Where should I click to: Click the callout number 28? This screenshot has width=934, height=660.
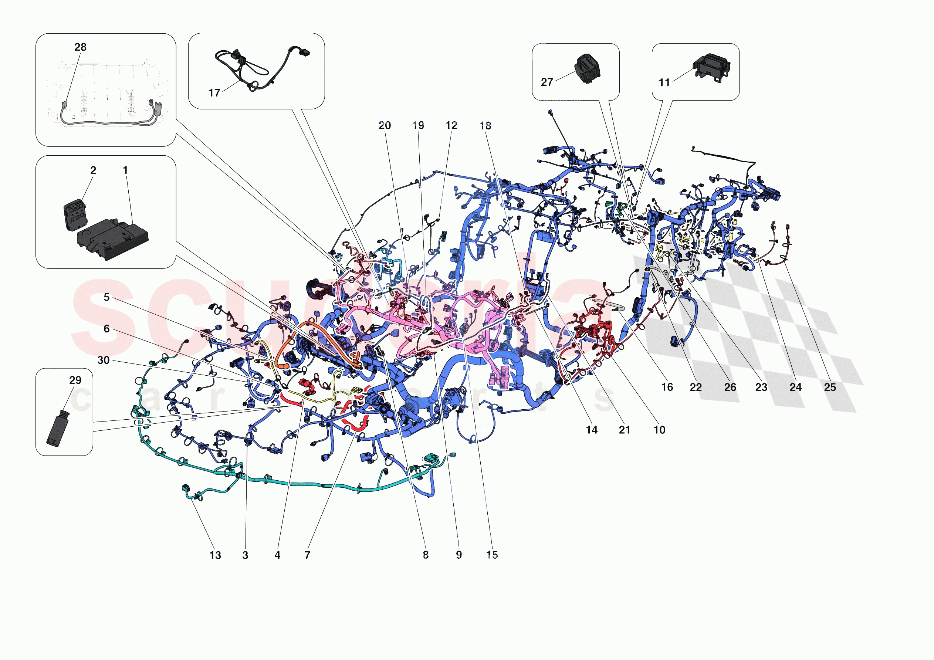pos(80,47)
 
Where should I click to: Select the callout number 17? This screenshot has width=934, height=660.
pos(214,93)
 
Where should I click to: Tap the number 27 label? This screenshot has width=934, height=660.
pos(547,82)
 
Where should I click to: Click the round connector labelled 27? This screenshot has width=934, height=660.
pos(588,68)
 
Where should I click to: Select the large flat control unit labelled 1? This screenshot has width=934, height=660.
pos(113,240)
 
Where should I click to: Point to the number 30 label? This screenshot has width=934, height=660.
pos(103,360)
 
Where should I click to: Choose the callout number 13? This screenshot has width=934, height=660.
pos(215,555)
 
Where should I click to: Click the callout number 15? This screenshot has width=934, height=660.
pos(492,555)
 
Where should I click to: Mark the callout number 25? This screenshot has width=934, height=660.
pos(830,387)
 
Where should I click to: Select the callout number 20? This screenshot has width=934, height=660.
pos(385,126)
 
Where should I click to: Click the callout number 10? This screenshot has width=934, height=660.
pos(659,430)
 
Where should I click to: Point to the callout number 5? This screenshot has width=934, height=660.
pos(106,297)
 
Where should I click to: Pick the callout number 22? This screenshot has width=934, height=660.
pos(696,387)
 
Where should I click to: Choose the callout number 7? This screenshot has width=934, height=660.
pos(307,555)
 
